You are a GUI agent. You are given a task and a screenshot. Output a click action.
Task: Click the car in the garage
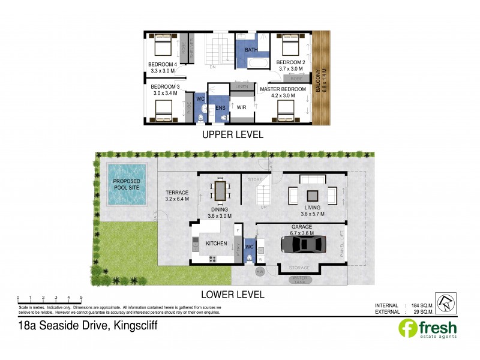tap(304, 244)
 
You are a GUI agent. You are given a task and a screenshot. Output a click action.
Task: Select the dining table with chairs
tap(220, 191)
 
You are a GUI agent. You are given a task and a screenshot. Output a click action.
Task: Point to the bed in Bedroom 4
tap(163, 46)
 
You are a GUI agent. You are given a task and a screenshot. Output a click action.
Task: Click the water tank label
tap(302, 279)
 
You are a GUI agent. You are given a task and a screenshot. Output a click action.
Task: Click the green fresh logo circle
tap(408, 329)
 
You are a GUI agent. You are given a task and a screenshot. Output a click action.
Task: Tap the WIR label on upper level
tap(242, 108)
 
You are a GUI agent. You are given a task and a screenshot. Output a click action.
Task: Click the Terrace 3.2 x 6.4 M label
tap(177, 196)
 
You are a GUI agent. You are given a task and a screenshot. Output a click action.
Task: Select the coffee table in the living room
tap(313, 195)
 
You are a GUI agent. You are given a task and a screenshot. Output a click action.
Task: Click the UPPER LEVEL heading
tap(233, 135)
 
